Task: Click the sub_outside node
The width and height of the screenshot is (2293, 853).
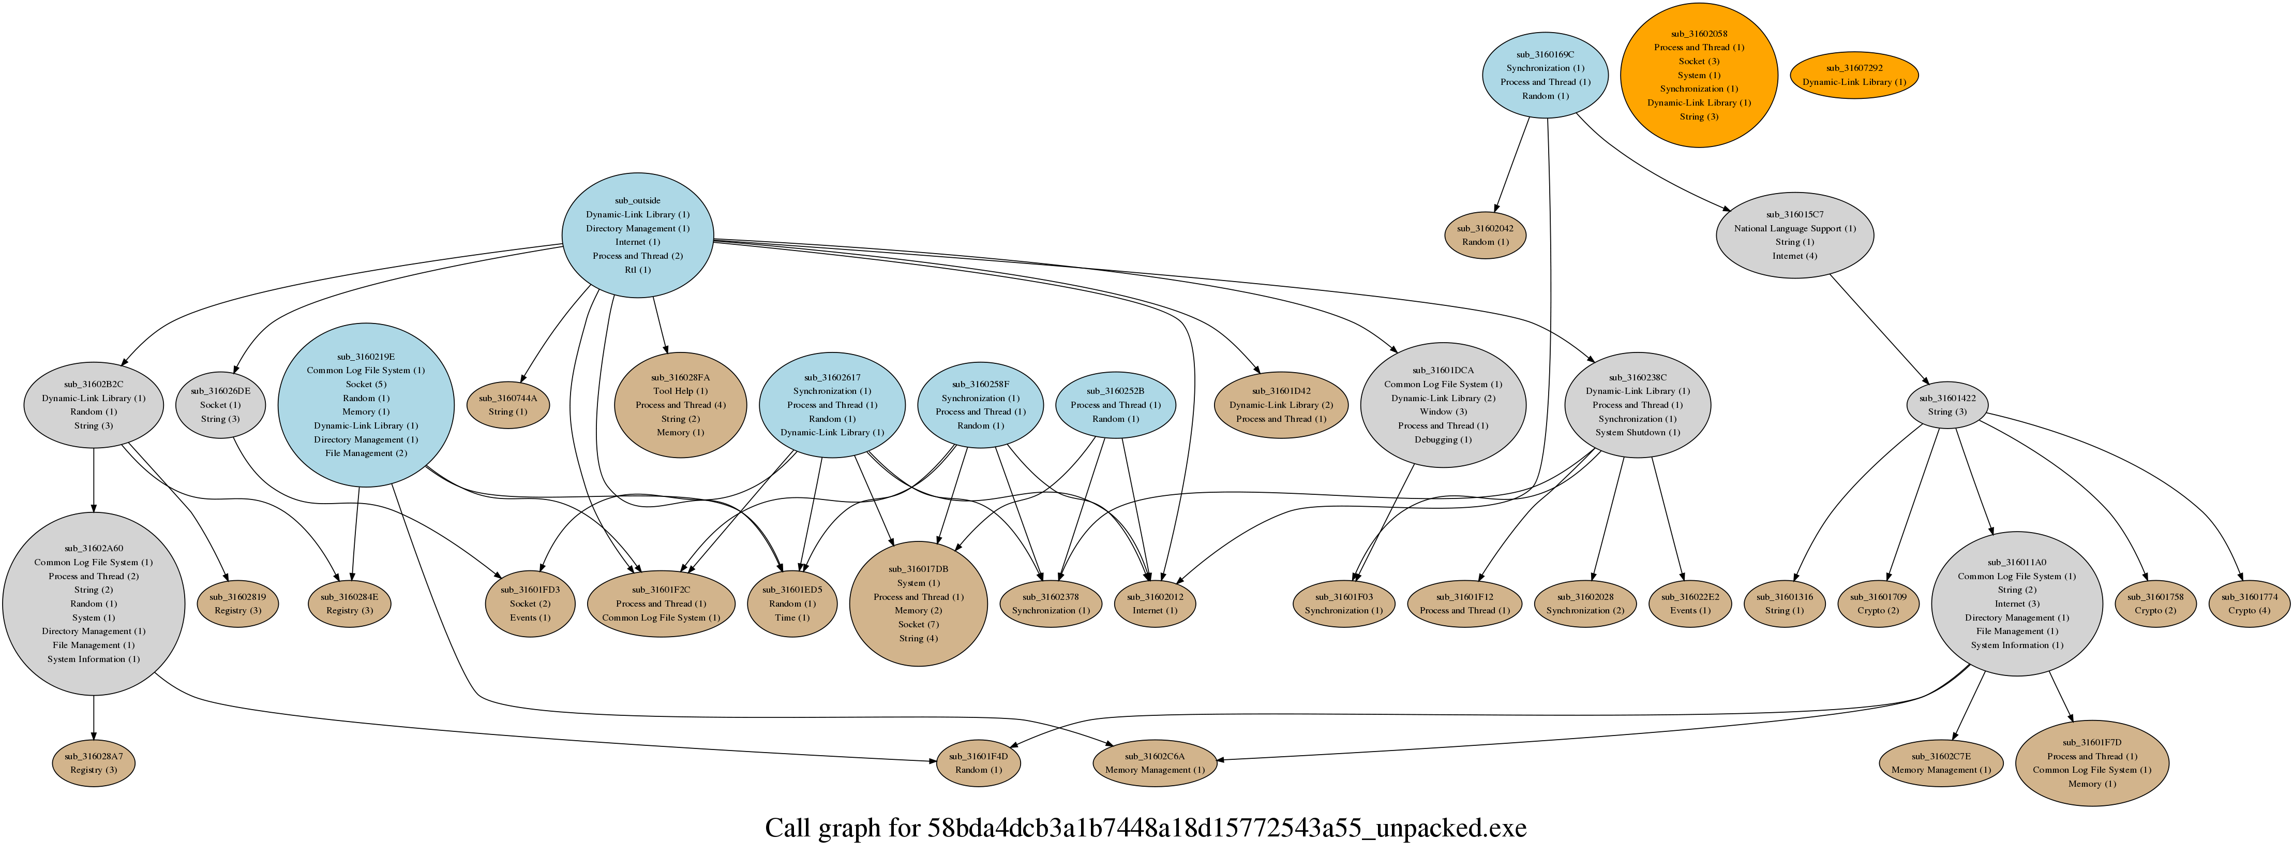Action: click(637, 235)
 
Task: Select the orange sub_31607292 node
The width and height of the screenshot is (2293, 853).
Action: click(1854, 75)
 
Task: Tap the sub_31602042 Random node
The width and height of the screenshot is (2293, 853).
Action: click(1485, 235)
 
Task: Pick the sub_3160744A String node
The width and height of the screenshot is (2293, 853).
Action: click(508, 405)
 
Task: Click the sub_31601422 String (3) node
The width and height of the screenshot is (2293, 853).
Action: click(1947, 405)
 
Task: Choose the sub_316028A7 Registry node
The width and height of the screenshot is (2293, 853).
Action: click(94, 763)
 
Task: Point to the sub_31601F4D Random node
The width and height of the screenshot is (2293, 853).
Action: click(978, 763)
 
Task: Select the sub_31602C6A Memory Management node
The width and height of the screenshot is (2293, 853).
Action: click(1155, 763)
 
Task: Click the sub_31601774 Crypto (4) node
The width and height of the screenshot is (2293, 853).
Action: click(2250, 604)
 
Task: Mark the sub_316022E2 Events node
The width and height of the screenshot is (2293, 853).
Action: click(1689, 604)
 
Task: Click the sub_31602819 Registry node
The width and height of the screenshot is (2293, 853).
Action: click(237, 604)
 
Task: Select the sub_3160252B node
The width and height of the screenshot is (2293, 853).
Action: click(1115, 405)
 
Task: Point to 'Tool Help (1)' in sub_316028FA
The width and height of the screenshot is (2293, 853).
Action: click(680, 391)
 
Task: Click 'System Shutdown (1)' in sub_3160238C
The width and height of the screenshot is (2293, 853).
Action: click(1637, 433)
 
